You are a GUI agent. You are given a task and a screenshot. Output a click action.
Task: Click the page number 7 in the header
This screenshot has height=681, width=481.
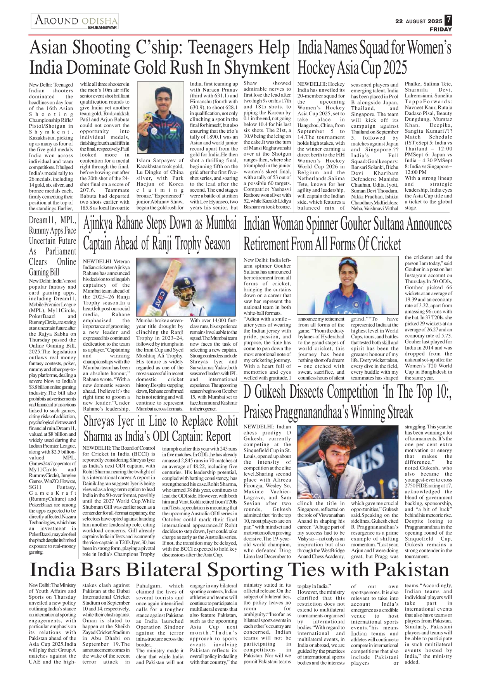(448, 20)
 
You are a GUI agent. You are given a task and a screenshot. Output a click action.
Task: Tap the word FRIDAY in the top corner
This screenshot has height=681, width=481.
(441, 29)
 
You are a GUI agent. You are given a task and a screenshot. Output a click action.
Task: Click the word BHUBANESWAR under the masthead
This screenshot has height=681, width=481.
(102, 28)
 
